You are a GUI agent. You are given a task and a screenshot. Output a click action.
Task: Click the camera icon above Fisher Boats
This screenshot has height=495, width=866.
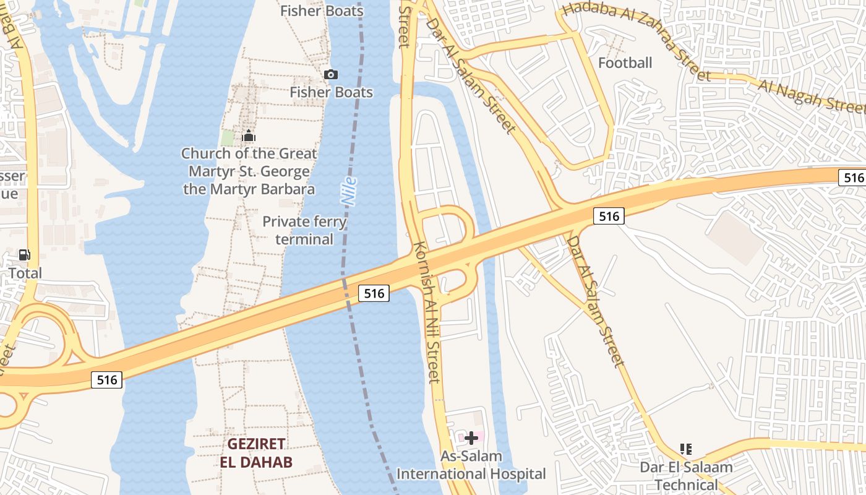(x=331, y=75)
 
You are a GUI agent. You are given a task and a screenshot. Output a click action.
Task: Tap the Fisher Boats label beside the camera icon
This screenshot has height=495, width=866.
(x=332, y=93)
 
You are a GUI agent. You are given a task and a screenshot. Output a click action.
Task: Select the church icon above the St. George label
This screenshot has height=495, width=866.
(x=249, y=136)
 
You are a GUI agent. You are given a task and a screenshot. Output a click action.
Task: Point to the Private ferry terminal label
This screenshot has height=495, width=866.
(x=304, y=230)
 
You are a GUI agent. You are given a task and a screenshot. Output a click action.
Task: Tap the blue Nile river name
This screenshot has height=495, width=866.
(x=349, y=191)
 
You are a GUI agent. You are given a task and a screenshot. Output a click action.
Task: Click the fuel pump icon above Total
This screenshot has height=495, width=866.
(x=25, y=255)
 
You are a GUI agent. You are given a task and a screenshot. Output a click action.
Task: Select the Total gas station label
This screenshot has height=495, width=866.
(x=25, y=273)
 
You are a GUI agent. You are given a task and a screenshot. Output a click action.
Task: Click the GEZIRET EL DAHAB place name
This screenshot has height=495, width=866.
(x=256, y=453)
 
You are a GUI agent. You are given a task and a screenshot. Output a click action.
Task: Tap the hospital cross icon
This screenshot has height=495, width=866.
(x=471, y=438)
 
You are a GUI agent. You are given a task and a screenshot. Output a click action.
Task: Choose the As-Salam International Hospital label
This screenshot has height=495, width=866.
(x=471, y=465)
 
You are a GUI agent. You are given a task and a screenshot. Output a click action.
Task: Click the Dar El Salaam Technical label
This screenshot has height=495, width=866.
(x=686, y=476)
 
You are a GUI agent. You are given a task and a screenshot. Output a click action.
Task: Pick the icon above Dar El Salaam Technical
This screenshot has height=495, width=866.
(x=685, y=449)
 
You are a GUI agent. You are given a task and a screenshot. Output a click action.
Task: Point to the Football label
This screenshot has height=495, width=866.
(x=625, y=62)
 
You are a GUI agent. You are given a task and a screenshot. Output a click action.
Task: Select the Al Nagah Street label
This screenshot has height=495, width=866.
(x=811, y=96)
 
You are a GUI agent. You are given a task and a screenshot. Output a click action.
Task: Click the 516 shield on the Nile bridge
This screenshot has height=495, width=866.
(x=374, y=293)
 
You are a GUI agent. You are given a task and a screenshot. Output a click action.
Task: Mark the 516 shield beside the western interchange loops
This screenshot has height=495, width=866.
(x=107, y=379)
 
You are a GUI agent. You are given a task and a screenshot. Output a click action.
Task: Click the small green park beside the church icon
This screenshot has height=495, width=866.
(x=228, y=138)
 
